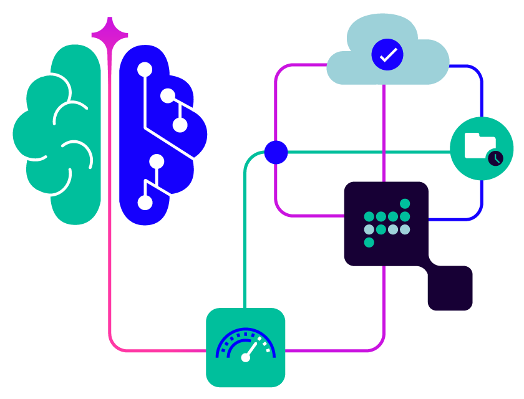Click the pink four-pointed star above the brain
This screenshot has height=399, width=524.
tap(110, 35)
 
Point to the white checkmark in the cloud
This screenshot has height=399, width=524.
tap(387, 55)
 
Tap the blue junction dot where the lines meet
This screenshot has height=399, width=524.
tap(276, 152)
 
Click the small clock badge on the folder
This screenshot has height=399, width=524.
tap(495, 158)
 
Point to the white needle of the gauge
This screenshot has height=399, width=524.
tap(251, 350)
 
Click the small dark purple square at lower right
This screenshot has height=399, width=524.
tap(450, 288)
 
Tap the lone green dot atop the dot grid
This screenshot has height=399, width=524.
tap(405, 204)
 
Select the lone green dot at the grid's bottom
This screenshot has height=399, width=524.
tap(369, 243)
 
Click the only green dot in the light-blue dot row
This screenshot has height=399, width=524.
tap(381, 229)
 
